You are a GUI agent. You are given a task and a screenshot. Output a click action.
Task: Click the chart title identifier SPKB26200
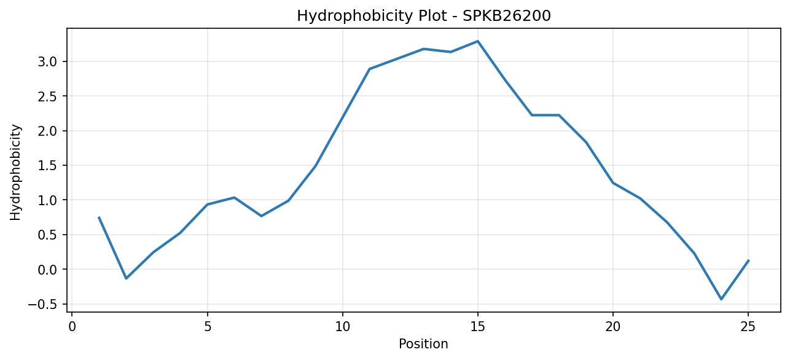pos(506,16)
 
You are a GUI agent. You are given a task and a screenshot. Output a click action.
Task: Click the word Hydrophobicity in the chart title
pos(354,17)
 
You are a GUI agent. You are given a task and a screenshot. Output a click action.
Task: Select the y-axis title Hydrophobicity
pos(15,173)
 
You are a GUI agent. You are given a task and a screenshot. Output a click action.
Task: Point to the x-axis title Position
pos(423,344)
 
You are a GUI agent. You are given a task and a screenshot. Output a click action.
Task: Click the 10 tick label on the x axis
pos(342,327)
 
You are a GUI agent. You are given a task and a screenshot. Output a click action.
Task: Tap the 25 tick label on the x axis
pos(748,327)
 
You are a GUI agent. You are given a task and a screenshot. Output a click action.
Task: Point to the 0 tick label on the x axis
pos(72,327)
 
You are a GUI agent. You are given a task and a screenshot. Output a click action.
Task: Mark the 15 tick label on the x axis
pos(478,327)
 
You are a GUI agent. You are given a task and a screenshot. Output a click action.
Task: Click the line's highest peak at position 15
pos(478,41)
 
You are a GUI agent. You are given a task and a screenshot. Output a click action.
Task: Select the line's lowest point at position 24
pos(721,299)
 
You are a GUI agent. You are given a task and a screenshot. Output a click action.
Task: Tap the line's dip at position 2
pos(127,278)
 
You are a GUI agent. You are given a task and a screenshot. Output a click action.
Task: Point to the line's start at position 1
pos(99,217)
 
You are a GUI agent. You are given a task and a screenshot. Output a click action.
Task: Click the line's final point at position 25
pos(748,260)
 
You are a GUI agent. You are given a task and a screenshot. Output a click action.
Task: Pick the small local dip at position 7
pos(261,216)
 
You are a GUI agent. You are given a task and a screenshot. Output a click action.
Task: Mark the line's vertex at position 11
pos(370,69)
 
